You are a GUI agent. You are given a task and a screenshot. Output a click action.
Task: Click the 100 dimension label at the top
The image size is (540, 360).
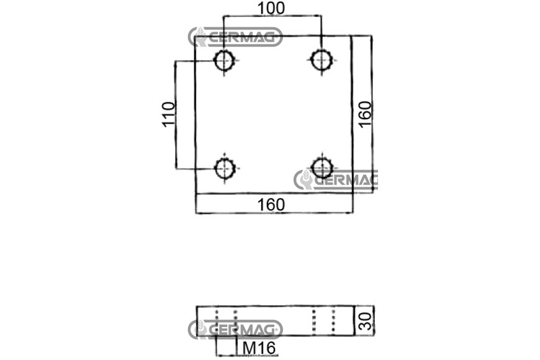(x=271, y=9)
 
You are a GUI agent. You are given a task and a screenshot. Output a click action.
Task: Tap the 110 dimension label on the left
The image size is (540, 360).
(x=169, y=114)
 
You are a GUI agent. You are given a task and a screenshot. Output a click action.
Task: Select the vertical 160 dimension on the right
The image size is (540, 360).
(x=365, y=114)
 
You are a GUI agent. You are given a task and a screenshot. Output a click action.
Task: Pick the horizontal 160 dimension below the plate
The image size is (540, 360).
(x=271, y=205)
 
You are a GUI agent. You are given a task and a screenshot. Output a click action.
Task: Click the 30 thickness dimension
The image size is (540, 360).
(x=365, y=321)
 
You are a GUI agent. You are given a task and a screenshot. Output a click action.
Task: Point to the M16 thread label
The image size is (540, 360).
(x=259, y=348)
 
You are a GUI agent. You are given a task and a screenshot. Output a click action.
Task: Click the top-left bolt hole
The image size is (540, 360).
(x=225, y=61)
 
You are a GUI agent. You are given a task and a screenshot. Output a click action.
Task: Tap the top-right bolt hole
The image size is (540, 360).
(x=322, y=60)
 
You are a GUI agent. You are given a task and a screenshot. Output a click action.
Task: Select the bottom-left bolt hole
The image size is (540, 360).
(x=225, y=168)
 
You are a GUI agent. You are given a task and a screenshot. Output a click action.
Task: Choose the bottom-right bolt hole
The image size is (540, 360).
(x=322, y=168)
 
